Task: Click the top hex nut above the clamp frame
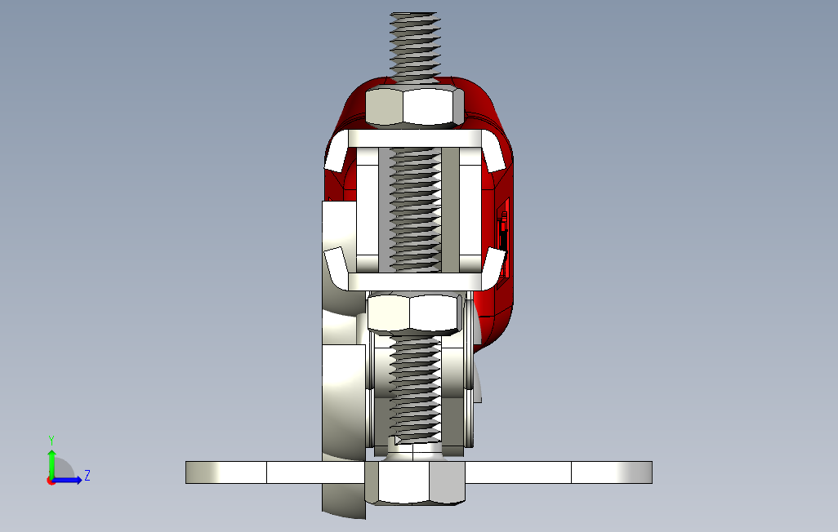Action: pos(414,107)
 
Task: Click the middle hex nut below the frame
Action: pos(414,314)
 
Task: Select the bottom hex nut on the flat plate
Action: pos(415,482)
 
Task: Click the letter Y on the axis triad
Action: pos(51,441)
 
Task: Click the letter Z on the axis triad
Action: pos(87,476)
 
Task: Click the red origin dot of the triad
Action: pos(51,481)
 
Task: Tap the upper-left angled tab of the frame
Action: pos(337,152)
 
